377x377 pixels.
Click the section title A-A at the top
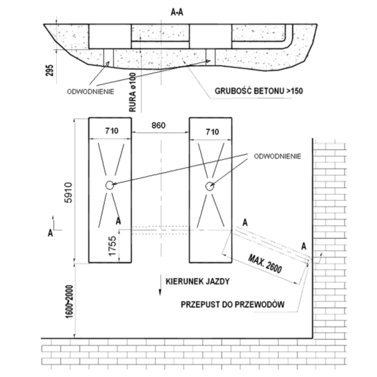pyautogui.click(x=177, y=12)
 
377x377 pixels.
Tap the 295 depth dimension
pyautogui.click(x=49, y=70)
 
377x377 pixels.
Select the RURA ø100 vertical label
pyautogui.click(x=133, y=93)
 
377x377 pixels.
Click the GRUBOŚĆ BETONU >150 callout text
pyautogui.click(x=258, y=91)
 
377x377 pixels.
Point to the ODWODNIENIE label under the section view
pyautogui.click(x=90, y=92)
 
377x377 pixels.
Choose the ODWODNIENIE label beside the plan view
pyautogui.click(x=278, y=156)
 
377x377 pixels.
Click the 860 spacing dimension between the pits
pyautogui.click(x=158, y=125)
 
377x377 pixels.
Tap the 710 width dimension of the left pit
pyautogui.click(x=112, y=131)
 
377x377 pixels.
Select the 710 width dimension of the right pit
pyautogui.click(x=212, y=132)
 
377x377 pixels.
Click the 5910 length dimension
pyautogui.click(x=69, y=193)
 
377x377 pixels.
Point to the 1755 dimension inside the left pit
pyautogui.click(x=112, y=246)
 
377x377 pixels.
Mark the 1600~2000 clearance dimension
pyautogui.click(x=69, y=302)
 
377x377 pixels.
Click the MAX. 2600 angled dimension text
pyautogui.click(x=265, y=264)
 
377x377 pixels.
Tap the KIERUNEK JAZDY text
pyautogui.click(x=197, y=282)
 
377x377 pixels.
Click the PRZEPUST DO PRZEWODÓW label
pyautogui.click(x=232, y=304)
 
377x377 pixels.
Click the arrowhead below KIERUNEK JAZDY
pyautogui.click(x=160, y=292)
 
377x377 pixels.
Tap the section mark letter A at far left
pyautogui.click(x=50, y=233)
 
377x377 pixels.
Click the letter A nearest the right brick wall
pyautogui.click(x=304, y=247)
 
